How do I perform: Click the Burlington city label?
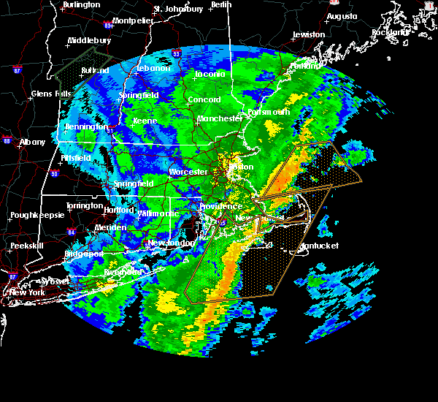tap(81, 4)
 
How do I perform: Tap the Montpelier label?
tap(133, 20)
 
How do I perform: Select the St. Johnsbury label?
tap(177, 9)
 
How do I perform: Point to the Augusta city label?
tap(342, 16)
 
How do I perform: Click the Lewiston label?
tap(308, 34)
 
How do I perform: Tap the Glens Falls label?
tap(50, 94)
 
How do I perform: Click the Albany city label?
tap(32, 142)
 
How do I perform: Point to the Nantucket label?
tap(319, 246)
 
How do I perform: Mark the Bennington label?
tap(86, 127)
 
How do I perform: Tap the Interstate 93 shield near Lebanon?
tap(176, 53)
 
